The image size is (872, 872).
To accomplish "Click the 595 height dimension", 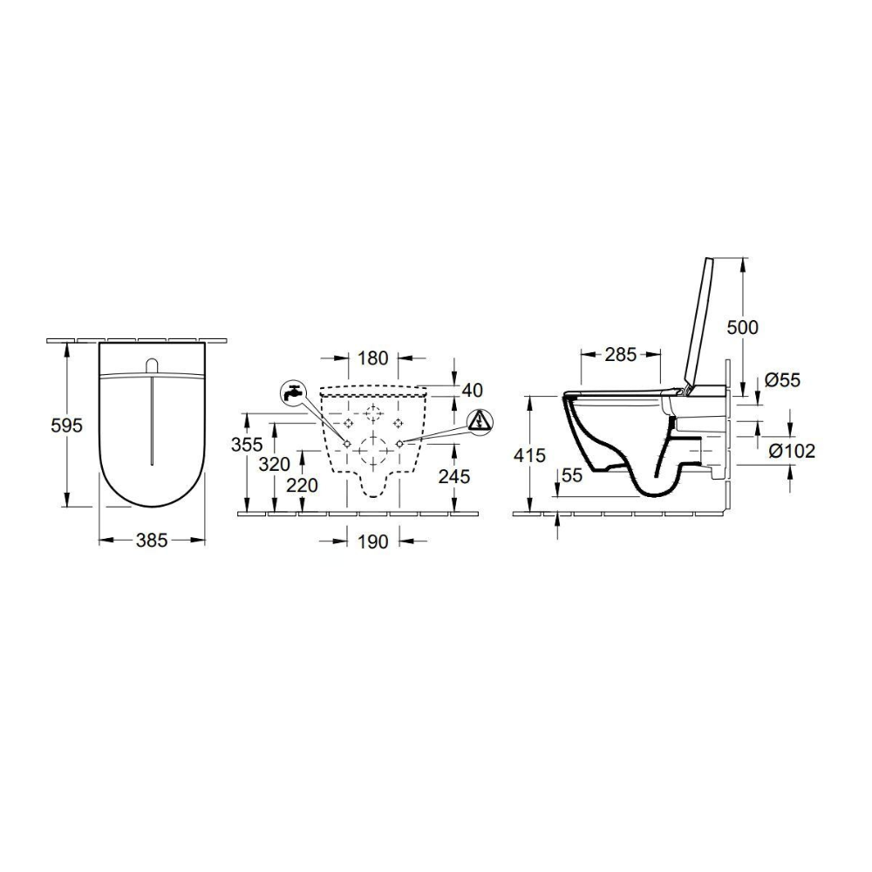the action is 66,426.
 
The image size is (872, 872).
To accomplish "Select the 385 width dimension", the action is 152,540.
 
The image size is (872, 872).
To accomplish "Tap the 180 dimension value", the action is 372,358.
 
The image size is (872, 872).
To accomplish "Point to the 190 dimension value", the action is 372,541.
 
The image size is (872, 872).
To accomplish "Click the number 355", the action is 247,445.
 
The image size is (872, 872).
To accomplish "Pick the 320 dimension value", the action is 275,464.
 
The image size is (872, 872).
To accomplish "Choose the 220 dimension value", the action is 302,486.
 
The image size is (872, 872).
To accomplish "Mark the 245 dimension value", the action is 454,476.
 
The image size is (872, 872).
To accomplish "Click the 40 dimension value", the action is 472,390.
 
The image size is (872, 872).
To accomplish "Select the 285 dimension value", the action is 620,354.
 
